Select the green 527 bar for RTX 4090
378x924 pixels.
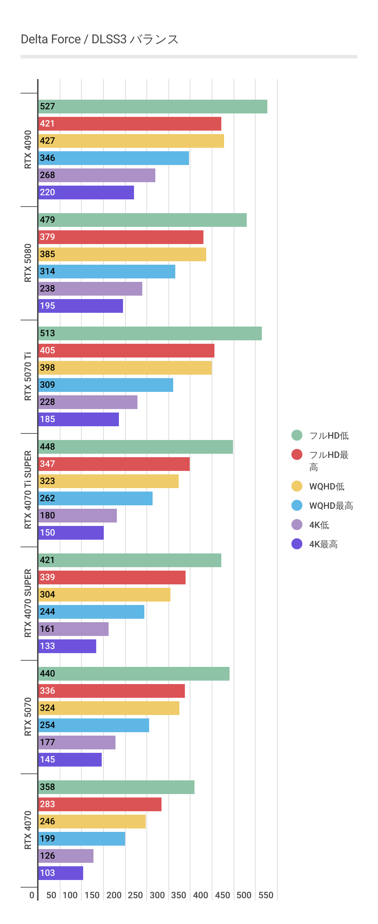[153, 107]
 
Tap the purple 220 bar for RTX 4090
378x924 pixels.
[86, 192]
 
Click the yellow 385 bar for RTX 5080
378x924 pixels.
[122, 254]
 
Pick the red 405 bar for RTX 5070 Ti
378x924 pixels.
[126, 350]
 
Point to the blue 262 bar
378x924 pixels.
[96, 498]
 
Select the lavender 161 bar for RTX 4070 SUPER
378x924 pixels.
[74, 629]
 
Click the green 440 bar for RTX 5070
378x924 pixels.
[134, 674]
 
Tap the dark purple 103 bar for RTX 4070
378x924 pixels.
[60, 873]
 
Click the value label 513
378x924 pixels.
[47, 333]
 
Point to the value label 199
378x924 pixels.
[47, 839]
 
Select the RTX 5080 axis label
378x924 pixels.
[28, 263]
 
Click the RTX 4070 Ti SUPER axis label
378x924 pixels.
[28, 489]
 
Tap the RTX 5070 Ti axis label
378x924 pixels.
[28, 376]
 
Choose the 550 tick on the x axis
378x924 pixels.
[266, 895]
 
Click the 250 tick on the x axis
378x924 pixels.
[135, 895]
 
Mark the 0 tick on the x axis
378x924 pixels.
[32, 895]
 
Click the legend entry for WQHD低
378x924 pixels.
[326, 486]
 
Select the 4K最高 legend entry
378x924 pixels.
[323, 544]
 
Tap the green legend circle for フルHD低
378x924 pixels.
[297, 435]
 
